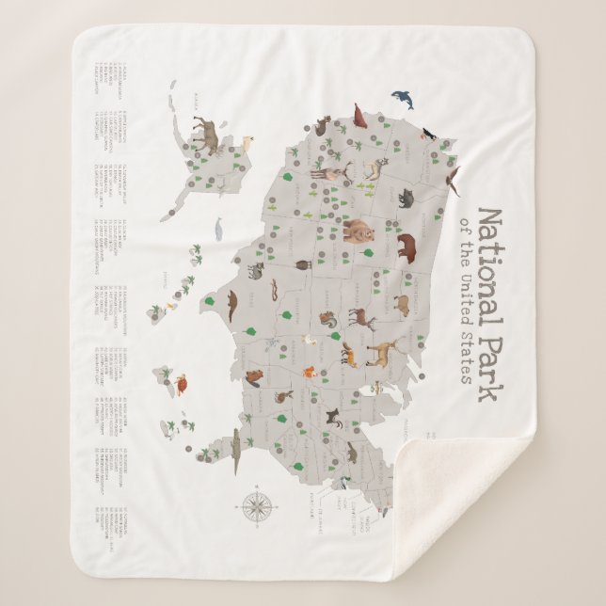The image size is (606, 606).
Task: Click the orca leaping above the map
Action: click(402, 98)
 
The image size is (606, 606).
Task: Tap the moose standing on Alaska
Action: click(207, 135)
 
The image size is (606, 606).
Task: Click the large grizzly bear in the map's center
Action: click(359, 230)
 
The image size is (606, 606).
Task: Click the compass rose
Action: click(257, 505)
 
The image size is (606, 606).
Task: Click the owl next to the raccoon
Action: click(303, 267)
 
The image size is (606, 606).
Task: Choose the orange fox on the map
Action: click(308, 372)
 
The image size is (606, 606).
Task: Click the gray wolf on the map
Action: click(407, 199)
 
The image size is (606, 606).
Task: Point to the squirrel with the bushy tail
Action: click(328, 319)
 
